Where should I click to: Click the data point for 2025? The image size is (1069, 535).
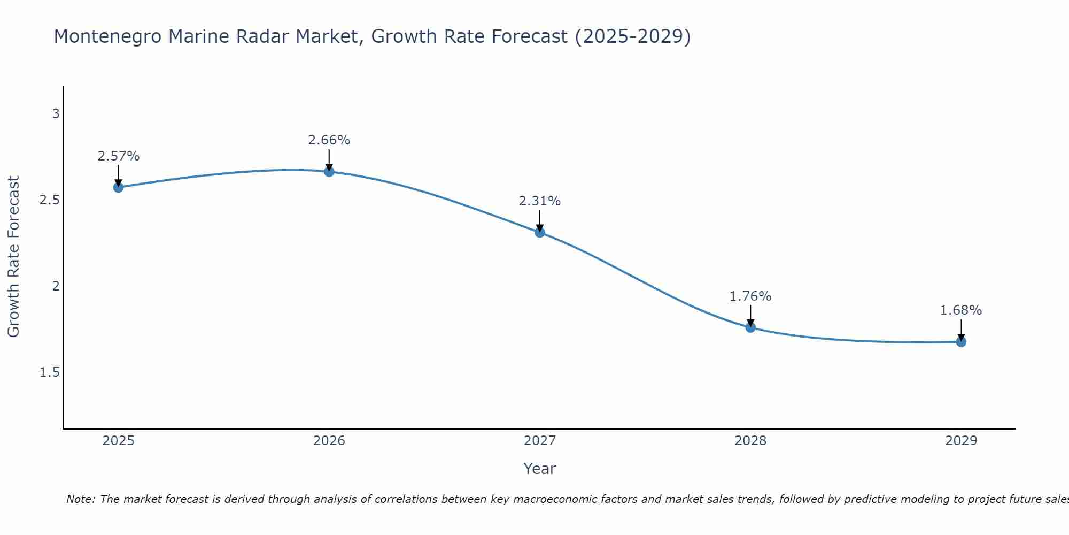118,187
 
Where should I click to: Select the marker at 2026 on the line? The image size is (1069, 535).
329,172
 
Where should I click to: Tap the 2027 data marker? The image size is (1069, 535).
539,232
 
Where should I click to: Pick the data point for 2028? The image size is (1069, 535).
750,327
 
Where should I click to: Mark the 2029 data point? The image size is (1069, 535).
960,341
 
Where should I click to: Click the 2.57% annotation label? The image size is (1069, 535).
118,156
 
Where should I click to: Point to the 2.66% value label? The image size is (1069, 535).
329,140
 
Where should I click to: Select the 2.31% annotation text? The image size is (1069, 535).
539,201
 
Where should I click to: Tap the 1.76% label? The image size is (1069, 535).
750,296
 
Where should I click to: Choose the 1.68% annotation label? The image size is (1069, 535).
960,310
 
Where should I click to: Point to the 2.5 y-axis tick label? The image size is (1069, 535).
50,200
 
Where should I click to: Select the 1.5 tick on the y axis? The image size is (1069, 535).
50,372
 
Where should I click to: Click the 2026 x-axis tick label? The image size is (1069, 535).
329,441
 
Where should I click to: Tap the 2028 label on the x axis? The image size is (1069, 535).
750,441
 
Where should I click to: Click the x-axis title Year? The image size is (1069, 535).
539,469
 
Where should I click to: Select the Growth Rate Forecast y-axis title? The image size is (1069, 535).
13,257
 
